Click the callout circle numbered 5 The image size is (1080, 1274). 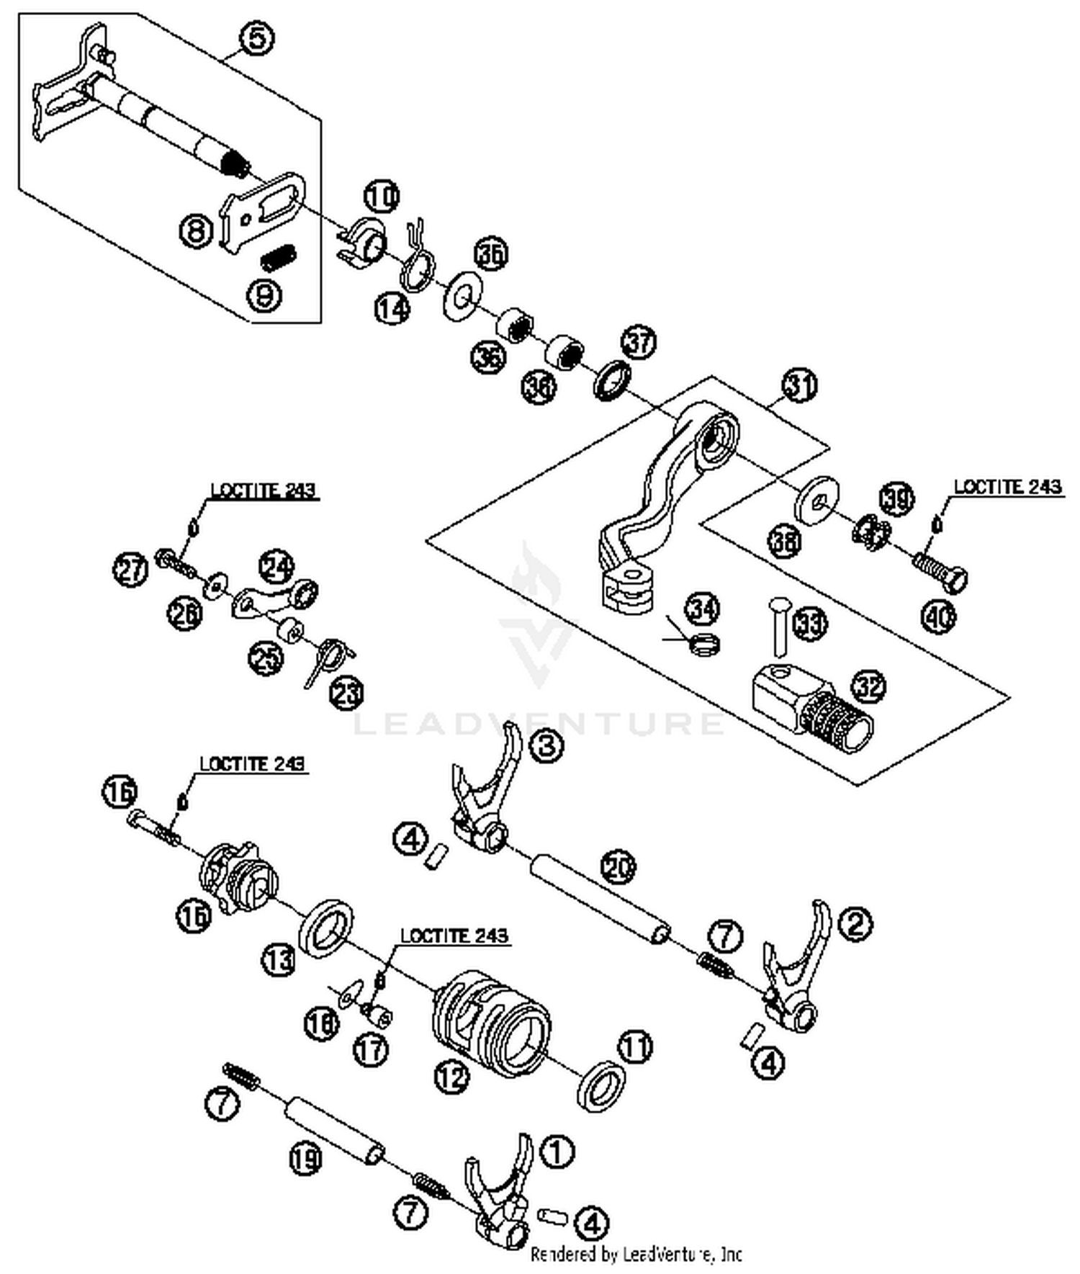[x=258, y=38]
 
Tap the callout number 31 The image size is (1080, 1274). [x=800, y=385]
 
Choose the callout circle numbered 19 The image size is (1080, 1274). [x=306, y=1159]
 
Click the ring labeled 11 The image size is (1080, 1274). [x=601, y=1086]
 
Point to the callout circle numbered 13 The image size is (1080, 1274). [x=278, y=960]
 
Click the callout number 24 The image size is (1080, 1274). [x=276, y=567]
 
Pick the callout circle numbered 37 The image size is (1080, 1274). [x=639, y=342]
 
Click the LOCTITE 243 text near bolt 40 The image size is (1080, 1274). [x=1007, y=488]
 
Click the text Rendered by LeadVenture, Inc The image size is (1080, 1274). [x=636, y=1255]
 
